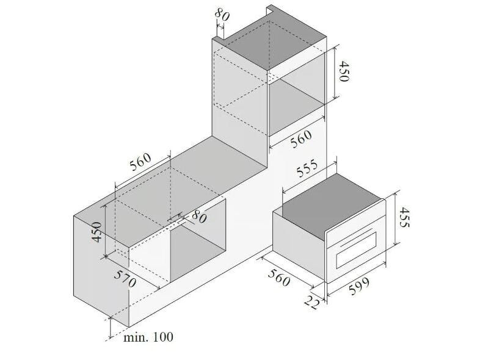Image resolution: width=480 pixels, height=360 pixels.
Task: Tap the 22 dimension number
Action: point(312,303)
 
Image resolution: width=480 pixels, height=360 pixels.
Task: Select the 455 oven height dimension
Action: point(404,217)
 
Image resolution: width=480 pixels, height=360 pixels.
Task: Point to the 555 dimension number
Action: point(307,169)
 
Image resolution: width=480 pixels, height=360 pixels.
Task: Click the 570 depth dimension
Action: point(125,279)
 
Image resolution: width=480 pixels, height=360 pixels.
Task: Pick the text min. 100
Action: point(148,337)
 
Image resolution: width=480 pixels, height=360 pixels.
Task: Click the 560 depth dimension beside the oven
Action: point(278,278)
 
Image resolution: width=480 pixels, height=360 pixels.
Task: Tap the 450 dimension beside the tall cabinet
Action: point(344,71)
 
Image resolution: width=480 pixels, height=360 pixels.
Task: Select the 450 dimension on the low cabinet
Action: point(97,232)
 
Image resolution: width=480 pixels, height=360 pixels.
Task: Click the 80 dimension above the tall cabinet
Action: point(222,15)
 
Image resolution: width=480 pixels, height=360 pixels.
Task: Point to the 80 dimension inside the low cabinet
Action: point(199,216)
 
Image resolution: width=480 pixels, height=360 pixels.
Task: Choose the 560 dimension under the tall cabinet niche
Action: point(301,139)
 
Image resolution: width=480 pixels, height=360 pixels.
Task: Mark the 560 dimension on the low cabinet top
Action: point(140,161)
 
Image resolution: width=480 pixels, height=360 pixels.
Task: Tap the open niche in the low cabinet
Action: point(198,241)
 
